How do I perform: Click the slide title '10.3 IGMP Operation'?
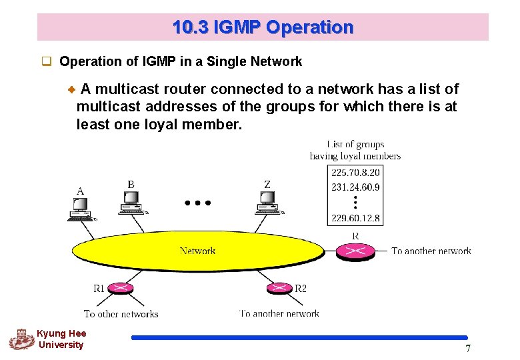[263, 27]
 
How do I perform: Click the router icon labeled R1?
[120, 289]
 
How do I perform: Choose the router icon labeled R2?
[278, 288]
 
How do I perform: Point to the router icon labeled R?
[354, 251]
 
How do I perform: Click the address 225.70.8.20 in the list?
[355, 171]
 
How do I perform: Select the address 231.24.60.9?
[355, 187]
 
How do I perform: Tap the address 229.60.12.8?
[355, 218]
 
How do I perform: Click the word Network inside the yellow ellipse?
[197, 251]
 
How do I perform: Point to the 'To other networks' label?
[121, 313]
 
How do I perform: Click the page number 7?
[468, 349]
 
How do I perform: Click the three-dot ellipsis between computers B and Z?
[198, 202]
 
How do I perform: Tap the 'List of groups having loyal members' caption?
[355, 150]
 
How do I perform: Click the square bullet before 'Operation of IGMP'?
[47, 62]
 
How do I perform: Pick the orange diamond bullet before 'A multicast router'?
[73, 89]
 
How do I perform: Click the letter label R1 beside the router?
[99, 289]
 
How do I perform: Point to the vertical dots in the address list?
[355, 202]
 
